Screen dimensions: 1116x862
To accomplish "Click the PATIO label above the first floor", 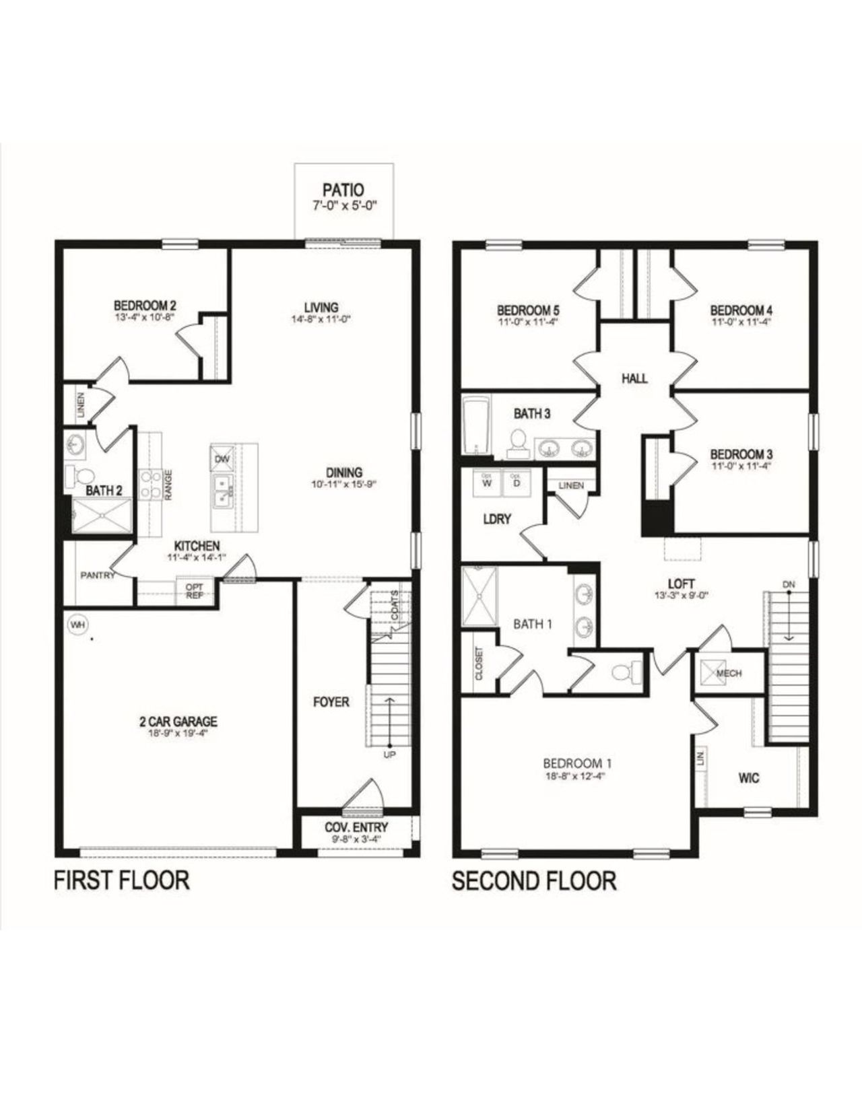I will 343,190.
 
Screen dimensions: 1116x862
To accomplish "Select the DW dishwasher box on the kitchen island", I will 222,458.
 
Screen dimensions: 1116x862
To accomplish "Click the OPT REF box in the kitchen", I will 194,590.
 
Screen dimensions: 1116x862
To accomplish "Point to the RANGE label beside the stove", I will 168,484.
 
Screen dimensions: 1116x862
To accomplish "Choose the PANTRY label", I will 98,576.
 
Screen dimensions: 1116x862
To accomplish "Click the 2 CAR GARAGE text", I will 178,722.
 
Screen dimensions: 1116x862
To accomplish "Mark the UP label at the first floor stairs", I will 389,754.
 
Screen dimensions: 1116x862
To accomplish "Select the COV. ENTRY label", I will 356,827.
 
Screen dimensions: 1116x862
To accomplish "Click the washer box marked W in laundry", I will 487,482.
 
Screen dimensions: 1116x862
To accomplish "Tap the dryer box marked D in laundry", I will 517,482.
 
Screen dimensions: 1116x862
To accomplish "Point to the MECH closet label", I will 729,672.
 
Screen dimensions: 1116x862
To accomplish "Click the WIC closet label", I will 748,778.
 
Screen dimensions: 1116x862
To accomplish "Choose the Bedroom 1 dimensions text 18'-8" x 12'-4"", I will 576,775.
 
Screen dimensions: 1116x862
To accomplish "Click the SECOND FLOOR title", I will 533,880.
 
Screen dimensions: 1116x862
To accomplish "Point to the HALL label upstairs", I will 634,378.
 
